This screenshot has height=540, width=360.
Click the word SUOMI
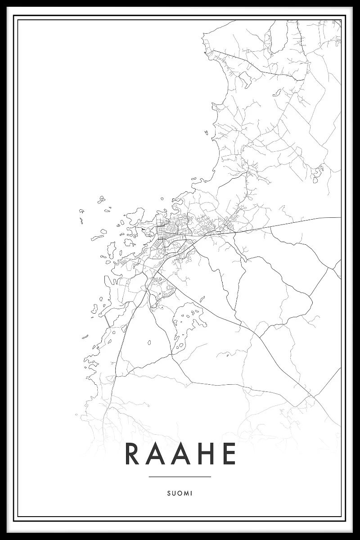tap(180, 494)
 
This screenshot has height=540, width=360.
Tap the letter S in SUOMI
tap(168, 494)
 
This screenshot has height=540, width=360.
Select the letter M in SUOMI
tap(186, 494)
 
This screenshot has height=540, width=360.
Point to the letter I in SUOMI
tap(192, 494)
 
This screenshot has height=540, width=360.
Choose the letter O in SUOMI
tap(179, 494)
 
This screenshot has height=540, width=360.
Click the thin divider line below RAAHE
tap(180, 477)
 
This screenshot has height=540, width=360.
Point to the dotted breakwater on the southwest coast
tap(107, 320)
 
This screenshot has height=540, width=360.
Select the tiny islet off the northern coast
tap(206, 133)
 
